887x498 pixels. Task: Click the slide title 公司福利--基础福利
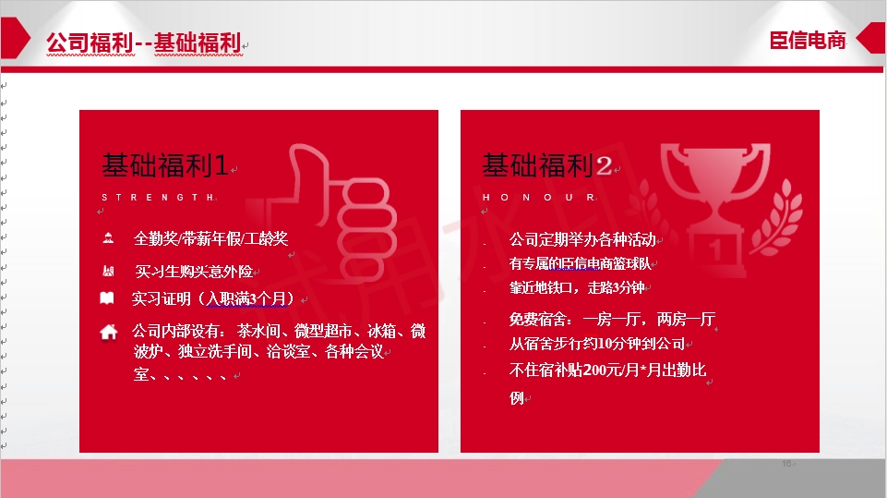click(144, 43)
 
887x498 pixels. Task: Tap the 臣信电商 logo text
click(808, 40)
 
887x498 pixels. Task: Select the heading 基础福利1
click(164, 164)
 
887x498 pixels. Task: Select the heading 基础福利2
click(546, 164)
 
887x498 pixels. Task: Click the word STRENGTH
click(158, 197)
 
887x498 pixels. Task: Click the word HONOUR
click(538, 197)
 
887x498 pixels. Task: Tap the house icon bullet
click(109, 332)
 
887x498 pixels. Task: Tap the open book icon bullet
click(107, 298)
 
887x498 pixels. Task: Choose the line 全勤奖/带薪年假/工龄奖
click(210, 238)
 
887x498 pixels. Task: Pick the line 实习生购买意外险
click(194, 272)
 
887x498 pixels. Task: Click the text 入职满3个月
click(247, 298)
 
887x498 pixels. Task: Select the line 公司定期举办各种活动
click(582, 239)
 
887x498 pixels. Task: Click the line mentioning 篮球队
click(580, 263)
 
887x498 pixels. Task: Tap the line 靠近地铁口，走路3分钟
click(577, 288)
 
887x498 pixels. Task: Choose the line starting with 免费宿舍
click(612, 319)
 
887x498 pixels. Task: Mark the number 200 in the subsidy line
click(595, 370)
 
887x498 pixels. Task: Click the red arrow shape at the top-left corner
click(15, 38)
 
